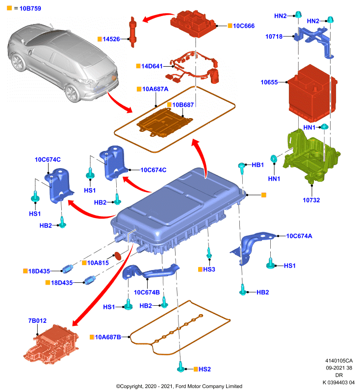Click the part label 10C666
(244, 26)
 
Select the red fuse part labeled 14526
(132, 32)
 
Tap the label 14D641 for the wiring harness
(152, 66)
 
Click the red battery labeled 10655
(312, 93)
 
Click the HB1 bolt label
(257, 165)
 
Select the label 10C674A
(299, 236)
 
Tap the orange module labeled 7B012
(51, 343)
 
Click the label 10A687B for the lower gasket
(108, 337)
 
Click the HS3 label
(209, 269)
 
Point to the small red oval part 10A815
(117, 256)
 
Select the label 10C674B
(147, 293)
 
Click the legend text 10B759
(30, 8)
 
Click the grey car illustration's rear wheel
(72, 93)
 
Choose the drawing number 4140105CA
(339, 361)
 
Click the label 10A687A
(155, 89)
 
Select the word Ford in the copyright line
(180, 387)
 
